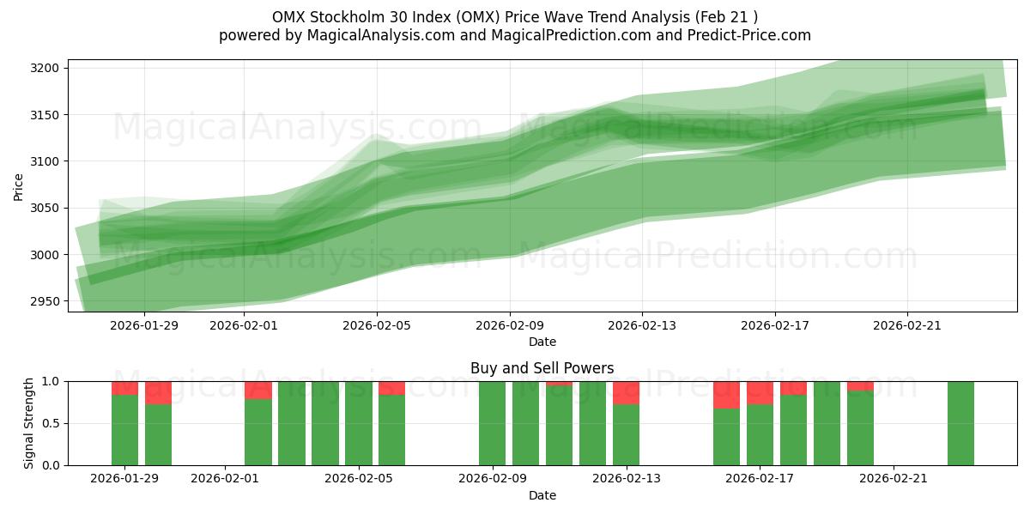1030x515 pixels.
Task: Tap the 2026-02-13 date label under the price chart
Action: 642,325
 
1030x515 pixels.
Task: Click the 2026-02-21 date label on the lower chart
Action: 894,479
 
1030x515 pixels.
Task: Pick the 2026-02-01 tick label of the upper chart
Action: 244,325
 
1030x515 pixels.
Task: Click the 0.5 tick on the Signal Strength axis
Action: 51,423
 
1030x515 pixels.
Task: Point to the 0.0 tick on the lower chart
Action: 51,465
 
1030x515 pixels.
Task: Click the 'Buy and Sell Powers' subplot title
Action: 542,368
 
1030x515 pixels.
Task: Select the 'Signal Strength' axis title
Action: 29,423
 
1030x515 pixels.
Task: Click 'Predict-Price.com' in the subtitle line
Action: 753,35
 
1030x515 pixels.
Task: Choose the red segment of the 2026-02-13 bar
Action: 626,392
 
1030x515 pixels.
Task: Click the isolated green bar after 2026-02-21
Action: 960,423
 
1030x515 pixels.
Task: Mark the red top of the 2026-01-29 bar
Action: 124,388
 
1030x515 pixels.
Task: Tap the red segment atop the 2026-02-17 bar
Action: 760,392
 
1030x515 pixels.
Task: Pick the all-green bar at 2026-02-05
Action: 359,423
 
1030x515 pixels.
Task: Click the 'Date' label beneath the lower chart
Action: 542,496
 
